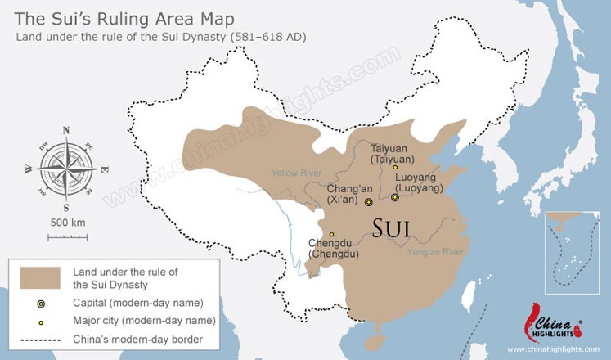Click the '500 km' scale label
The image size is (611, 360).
[x=67, y=223]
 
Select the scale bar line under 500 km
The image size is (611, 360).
[x=67, y=237]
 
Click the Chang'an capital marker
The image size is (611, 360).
[x=368, y=201]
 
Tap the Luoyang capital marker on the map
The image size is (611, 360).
[x=395, y=197]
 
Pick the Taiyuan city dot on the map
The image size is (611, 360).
[x=395, y=168]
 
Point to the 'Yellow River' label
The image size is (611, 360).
[x=295, y=173]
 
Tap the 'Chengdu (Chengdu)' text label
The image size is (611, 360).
[x=333, y=249]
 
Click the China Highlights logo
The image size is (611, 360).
[x=547, y=323]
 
